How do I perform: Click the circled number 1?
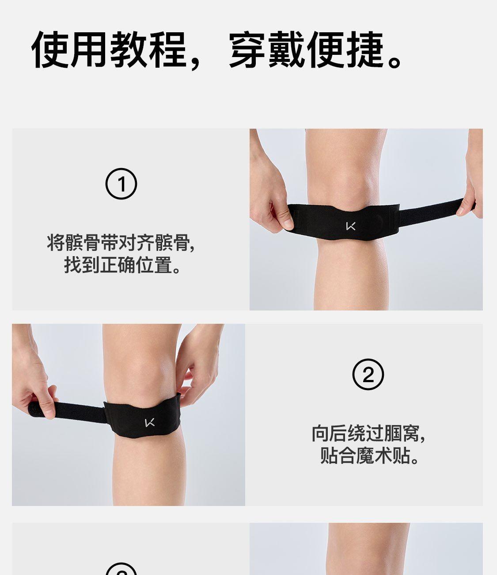[x=121, y=184]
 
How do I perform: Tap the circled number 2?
[x=368, y=374]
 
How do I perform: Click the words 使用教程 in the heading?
[x=109, y=50]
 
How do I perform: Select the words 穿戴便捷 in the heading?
[x=306, y=50]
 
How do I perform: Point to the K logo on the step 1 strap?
[x=351, y=226]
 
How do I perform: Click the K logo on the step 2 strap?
[x=150, y=423]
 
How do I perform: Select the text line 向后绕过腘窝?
[x=368, y=433]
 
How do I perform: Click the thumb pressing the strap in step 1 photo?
[x=286, y=220]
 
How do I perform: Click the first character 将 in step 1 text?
[x=56, y=242]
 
